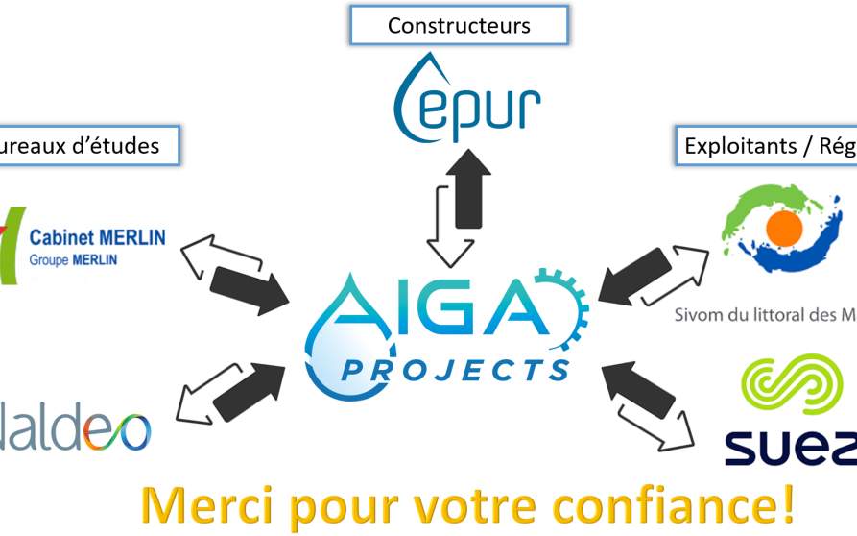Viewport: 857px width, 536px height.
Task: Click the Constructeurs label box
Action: point(459,25)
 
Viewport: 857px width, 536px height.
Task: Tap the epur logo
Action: point(467,100)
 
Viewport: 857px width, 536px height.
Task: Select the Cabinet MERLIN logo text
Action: point(97,237)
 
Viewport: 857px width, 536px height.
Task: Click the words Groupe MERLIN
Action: point(73,259)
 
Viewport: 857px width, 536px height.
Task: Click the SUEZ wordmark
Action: point(789,448)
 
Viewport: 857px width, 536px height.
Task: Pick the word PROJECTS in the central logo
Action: point(456,369)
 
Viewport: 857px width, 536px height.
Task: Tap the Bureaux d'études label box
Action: point(88,146)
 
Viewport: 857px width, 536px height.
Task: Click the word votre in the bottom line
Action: point(474,504)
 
